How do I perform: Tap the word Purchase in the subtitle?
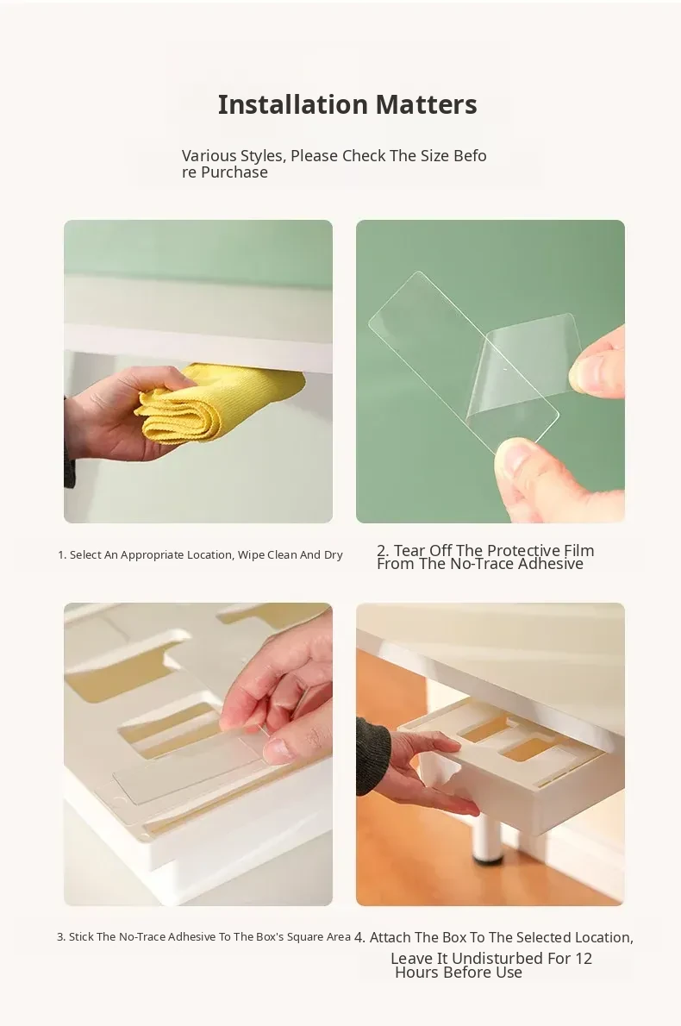click(x=234, y=172)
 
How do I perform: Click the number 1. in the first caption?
click(x=62, y=555)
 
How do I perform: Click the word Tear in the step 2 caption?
click(x=415, y=550)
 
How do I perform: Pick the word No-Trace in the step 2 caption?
click(x=481, y=564)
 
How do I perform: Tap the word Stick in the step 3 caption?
click(x=81, y=937)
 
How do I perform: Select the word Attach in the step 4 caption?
click(x=390, y=938)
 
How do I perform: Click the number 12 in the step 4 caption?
click(x=584, y=959)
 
